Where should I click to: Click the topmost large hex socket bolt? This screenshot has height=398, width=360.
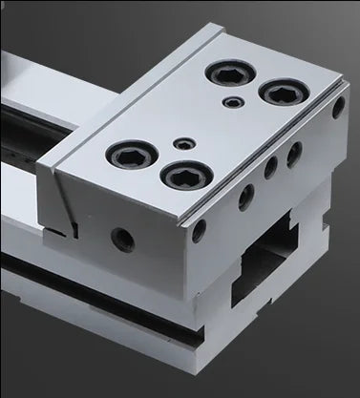tap(231, 73)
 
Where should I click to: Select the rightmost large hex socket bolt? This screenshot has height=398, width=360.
tap(282, 94)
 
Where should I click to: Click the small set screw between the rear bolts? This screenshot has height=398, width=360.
tap(230, 101)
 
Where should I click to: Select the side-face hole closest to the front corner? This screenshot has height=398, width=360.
tap(198, 230)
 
